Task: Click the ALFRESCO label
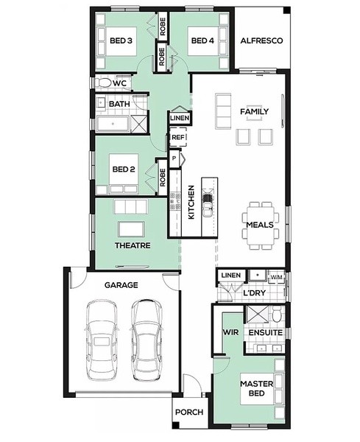click(261, 41)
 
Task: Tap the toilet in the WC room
click(103, 83)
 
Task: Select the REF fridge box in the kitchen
click(178, 137)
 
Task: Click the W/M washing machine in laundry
click(276, 277)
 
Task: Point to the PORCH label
click(189, 412)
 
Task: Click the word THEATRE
click(133, 245)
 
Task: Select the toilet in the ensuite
click(277, 315)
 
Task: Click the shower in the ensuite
click(258, 314)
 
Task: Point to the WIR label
click(230, 332)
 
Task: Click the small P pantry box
click(174, 158)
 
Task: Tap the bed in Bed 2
click(124, 173)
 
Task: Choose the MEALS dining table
click(261, 225)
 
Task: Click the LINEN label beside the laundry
click(231, 275)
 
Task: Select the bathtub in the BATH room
click(113, 124)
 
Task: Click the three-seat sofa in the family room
click(223, 111)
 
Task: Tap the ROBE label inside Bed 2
click(163, 178)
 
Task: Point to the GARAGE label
click(121, 285)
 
